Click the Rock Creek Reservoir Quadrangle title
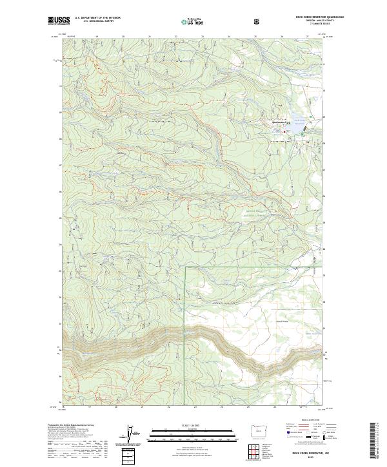(x=301, y=17)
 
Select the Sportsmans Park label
(x=273, y=122)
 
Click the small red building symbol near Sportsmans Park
(x=286, y=131)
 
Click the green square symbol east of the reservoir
(x=311, y=117)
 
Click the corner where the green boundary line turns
(x=186, y=265)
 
